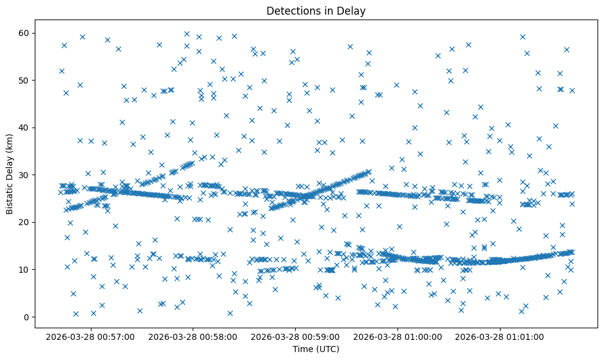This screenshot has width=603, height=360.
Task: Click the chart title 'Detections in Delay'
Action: (316, 10)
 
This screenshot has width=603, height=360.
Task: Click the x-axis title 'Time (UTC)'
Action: (316, 350)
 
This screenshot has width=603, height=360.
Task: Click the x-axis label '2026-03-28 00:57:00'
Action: (90, 336)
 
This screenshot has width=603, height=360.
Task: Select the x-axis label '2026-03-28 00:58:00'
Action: (192, 336)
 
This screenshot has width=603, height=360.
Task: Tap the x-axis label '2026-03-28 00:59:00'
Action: (295, 336)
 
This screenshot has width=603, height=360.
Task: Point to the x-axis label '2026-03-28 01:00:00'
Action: (398, 336)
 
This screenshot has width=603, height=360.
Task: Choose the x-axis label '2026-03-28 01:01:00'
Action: (500, 336)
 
